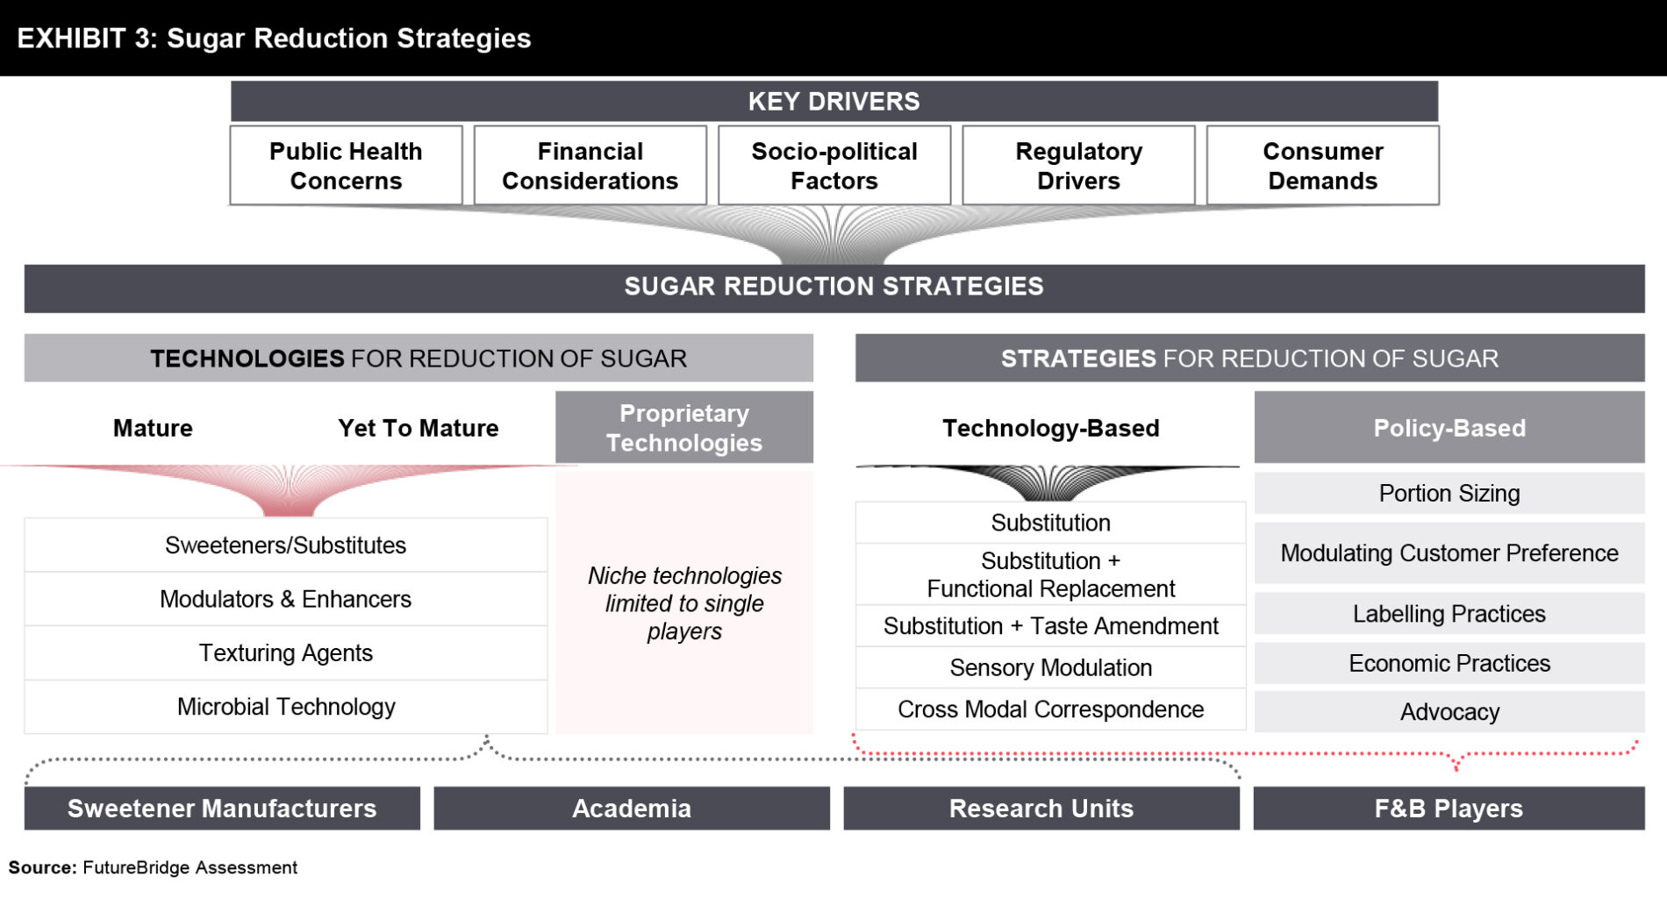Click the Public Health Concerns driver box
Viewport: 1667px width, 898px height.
click(346, 166)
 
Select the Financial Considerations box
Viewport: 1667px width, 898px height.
click(590, 166)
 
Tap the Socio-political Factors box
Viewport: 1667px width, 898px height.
click(834, 166)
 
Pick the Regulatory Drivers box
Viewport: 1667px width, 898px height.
click(1078, 166)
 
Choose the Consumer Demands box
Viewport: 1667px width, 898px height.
click(1323, 166)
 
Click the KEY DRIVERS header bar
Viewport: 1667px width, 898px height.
click(834, 101)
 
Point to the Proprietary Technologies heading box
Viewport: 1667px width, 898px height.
click(684, 427)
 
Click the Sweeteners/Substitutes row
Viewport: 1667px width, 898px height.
click(286, 545)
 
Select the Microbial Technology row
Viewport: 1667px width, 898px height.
click(286, 707)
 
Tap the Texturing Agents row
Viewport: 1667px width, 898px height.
click(286, 653)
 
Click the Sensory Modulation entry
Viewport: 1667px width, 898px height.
click(1051, 667)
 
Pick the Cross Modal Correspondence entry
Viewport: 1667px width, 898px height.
click(1051, 709)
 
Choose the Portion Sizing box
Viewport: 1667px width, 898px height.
click(1449, 494)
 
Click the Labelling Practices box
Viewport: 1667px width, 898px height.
click(1449, 614)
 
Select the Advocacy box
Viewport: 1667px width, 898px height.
click(1449, 712)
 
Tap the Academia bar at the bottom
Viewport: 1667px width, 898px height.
click(632, 809)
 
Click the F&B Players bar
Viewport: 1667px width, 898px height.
click(1449, 809)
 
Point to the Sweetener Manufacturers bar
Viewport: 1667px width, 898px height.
click(222, 809)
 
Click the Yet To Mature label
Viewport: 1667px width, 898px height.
click(419, 428)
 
